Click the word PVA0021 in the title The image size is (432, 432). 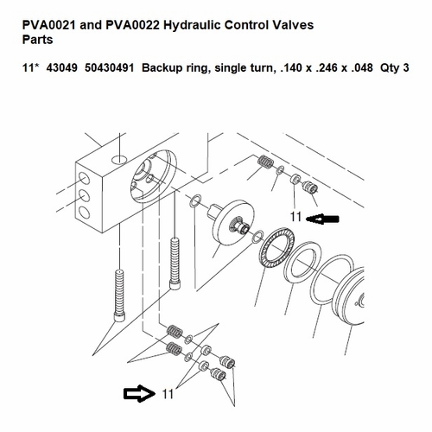coord(49,25)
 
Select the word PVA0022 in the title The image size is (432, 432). coord(133,25)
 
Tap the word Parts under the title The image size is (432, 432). coord(38,40)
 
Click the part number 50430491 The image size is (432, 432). coord(110,68)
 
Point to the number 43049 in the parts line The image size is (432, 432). coord(61,68)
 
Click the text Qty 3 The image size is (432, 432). coord(395,68)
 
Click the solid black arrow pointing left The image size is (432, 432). coord(322,219)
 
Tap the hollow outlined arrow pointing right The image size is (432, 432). coord(139,393)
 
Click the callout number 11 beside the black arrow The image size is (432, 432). coord(295,217)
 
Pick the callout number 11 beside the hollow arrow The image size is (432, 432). coord(168,394)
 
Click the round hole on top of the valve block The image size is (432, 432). coord(119,159)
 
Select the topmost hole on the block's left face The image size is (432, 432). coord(84,179)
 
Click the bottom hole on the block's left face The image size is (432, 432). coord(84,213)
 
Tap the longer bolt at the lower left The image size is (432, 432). coord(119,295)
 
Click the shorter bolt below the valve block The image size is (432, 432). coord(175,264)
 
